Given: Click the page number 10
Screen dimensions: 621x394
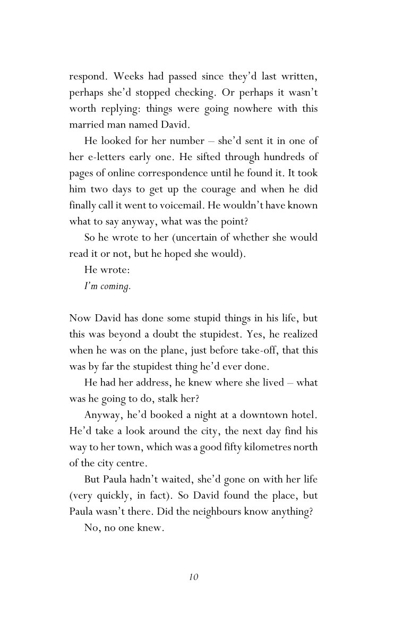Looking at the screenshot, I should coord(193,577).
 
